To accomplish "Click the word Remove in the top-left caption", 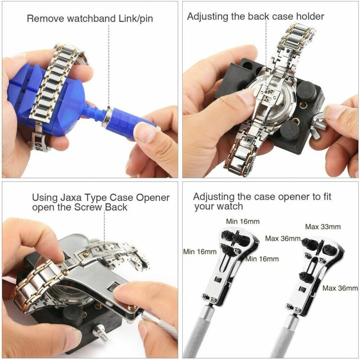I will click(43, 18).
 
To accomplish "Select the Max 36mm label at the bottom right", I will click(340, 288).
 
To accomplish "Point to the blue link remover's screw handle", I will click(130, 123).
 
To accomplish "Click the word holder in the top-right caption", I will click(310, 17).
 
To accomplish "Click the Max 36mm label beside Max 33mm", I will click(283, 238).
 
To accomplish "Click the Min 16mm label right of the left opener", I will click(262, 259).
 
